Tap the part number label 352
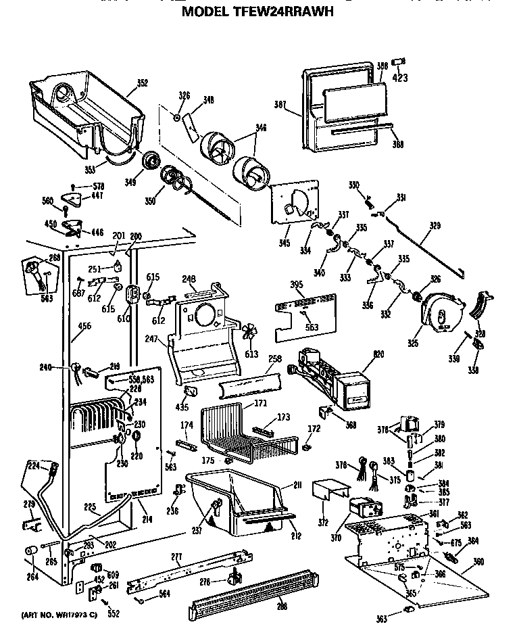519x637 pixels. tap(142, 83)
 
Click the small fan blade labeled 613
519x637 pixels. tap(249, 333)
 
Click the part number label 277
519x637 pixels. tap(176, 557)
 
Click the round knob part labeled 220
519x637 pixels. tap(135, 436)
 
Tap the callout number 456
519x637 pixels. tap(84, 326)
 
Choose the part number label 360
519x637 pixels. tap(478, 562)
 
